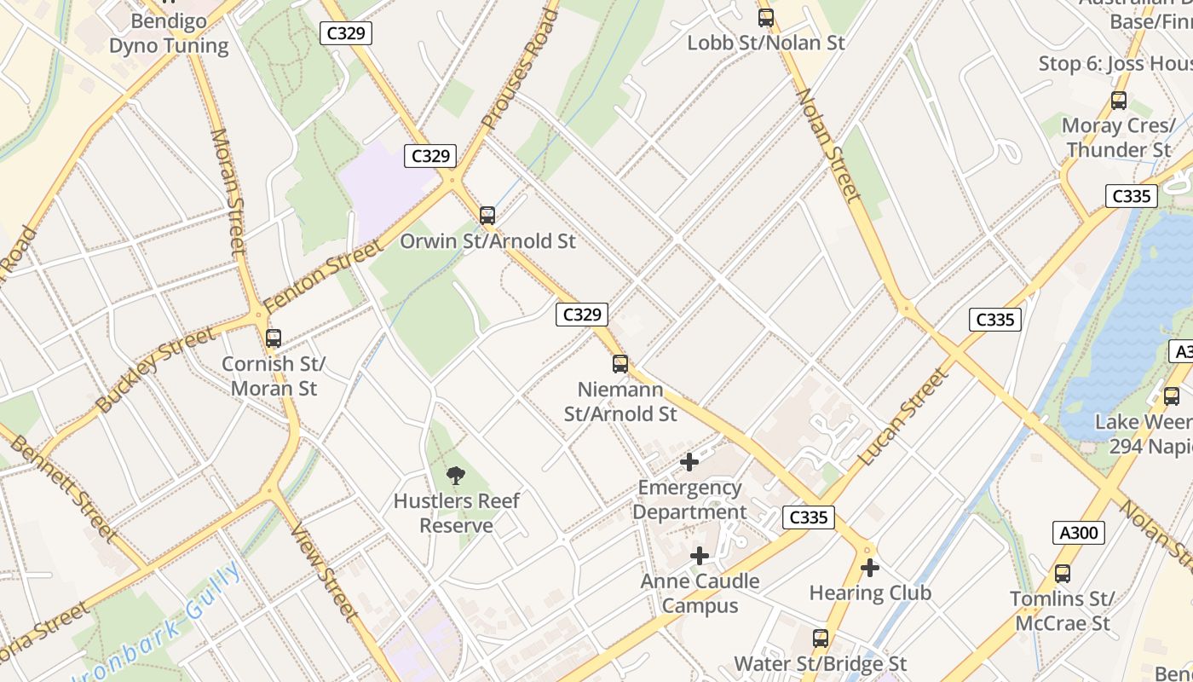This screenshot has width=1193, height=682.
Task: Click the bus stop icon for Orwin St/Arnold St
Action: [x=487, y=216]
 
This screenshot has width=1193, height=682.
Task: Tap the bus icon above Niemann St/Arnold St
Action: [x=620, y=364]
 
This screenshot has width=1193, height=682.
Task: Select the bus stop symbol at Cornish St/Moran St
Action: [x=274, y=338]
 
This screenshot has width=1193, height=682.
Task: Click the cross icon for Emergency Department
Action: [x=689, y=462]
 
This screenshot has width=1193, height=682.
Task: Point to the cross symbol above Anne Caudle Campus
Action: [x=700, y=556]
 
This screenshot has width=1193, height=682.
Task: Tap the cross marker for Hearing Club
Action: [x=870, y=568]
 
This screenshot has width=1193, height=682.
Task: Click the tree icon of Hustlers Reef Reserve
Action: [x=456, y=476]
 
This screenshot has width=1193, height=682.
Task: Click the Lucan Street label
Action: [x=903, y=417]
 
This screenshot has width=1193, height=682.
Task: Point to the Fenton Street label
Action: [x=322, y=276]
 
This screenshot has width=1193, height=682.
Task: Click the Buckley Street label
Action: [x=155, y=370]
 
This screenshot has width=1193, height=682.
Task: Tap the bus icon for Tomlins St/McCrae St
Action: [x=1062, y=574]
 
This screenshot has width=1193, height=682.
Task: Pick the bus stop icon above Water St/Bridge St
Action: [x=820, y=638]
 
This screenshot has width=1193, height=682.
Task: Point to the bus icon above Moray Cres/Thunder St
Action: [x=1119, y=101]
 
